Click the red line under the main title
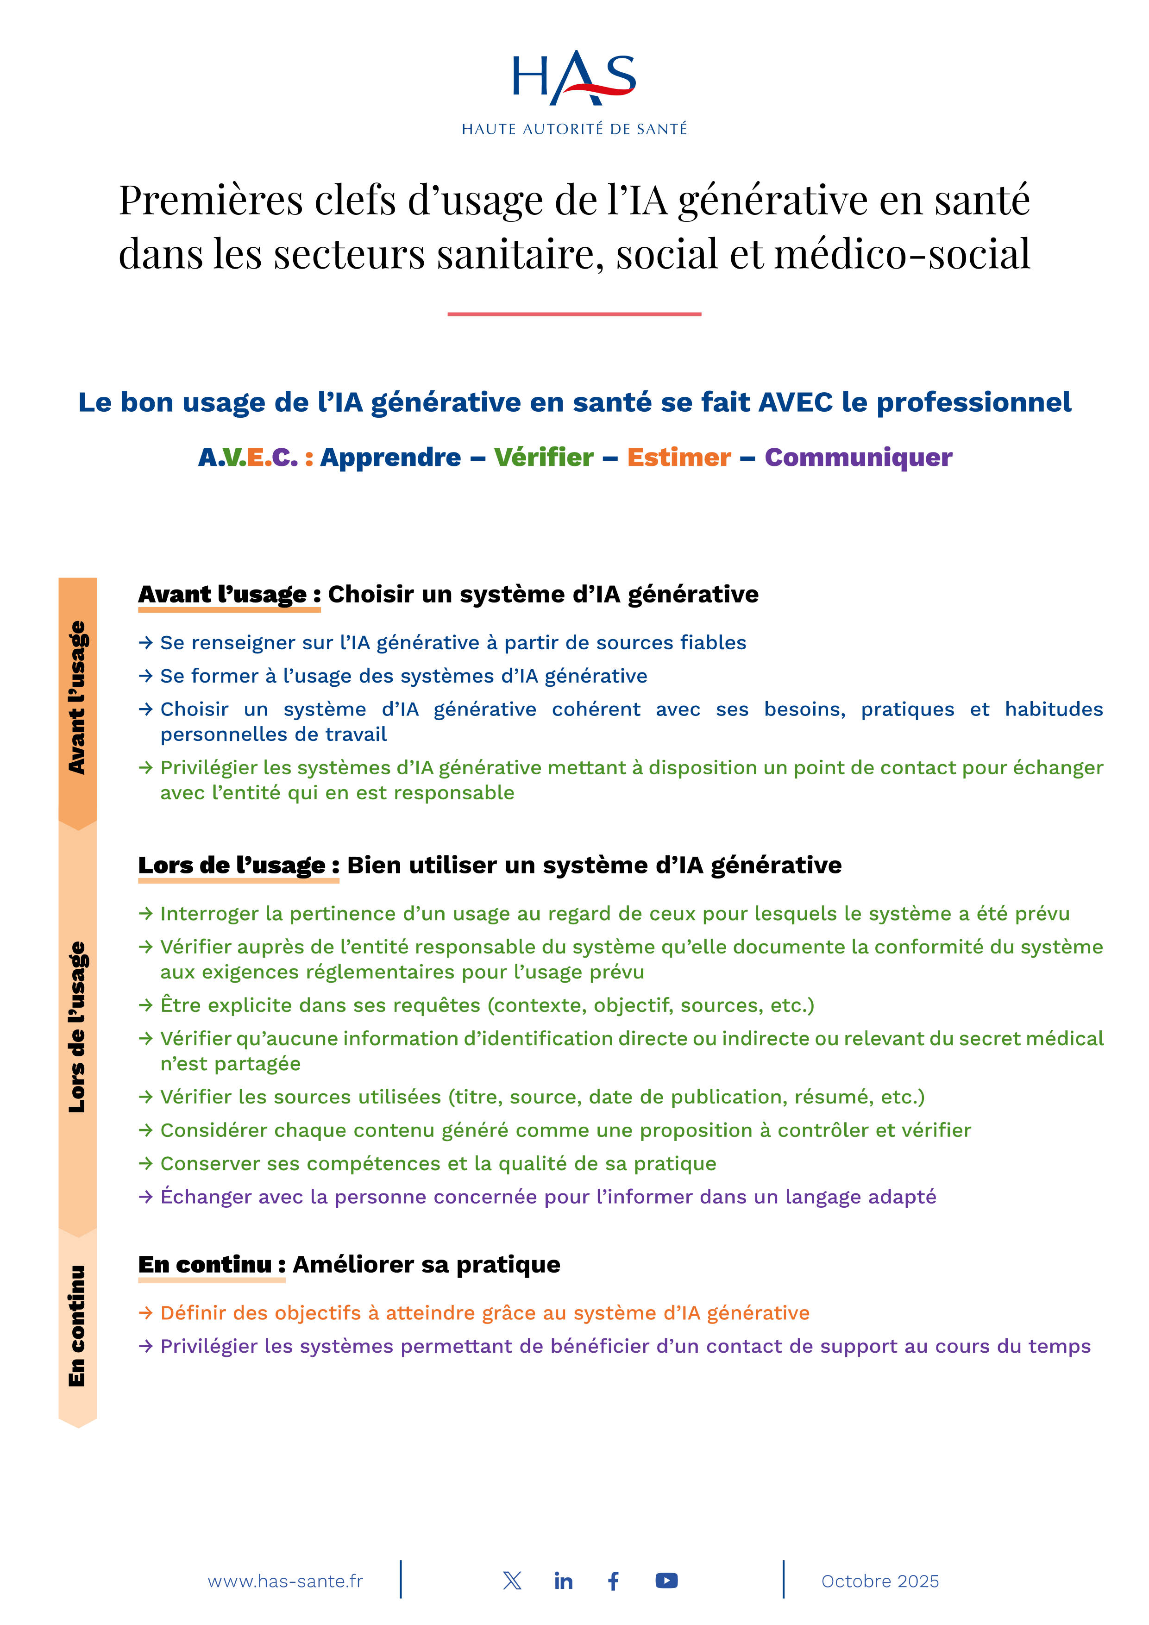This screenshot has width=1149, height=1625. coord(574,314)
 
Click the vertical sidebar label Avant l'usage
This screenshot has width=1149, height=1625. coord(76,697)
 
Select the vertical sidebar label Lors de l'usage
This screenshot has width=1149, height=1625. coord(76,1026)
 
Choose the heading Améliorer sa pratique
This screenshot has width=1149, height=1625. coord(426,1264)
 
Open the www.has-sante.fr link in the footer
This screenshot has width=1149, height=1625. coord(285,1581)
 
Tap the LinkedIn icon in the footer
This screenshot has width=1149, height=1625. coord(564,1581)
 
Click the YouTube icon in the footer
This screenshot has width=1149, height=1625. coord(666,1581)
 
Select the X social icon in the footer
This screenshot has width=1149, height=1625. coord(512,1581)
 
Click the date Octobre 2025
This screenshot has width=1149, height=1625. coord(880,1581)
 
